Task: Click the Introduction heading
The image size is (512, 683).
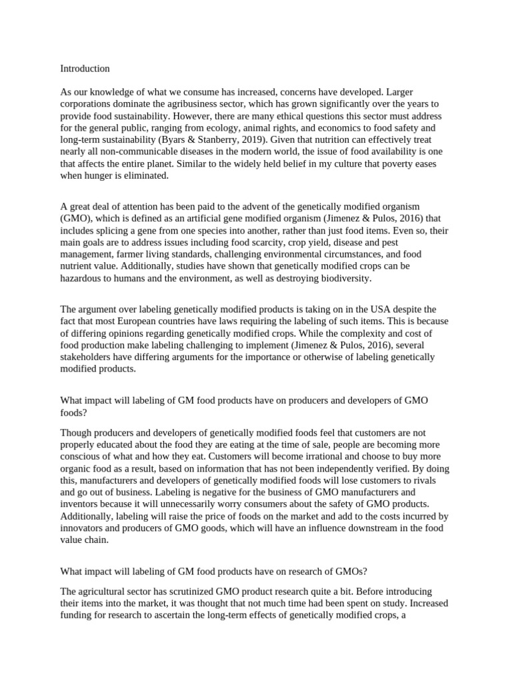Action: coord(85,69)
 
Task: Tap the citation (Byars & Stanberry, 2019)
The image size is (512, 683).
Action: coord(200,139)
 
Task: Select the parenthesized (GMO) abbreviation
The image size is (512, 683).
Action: coord(76,217)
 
